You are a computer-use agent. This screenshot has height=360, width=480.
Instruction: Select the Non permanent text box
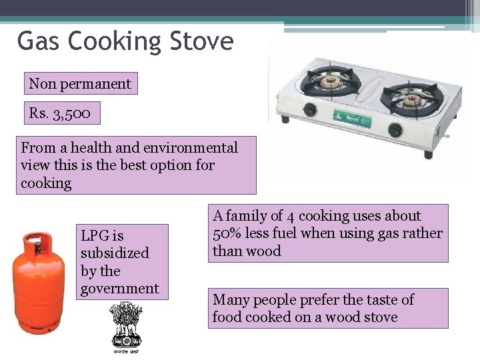pos(80,84)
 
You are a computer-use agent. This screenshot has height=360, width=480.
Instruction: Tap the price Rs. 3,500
pos(64,113)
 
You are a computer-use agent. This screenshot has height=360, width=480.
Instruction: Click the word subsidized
pos(115,253)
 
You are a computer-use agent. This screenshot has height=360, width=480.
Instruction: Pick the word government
pos(120,289)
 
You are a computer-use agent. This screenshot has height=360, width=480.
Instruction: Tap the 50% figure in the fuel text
pos(227,233)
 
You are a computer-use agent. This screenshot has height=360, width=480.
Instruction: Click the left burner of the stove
pos(330,83)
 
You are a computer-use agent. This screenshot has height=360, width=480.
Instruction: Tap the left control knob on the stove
pos(310,110)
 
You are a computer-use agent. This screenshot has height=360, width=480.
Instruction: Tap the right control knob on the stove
pos(395,129)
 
